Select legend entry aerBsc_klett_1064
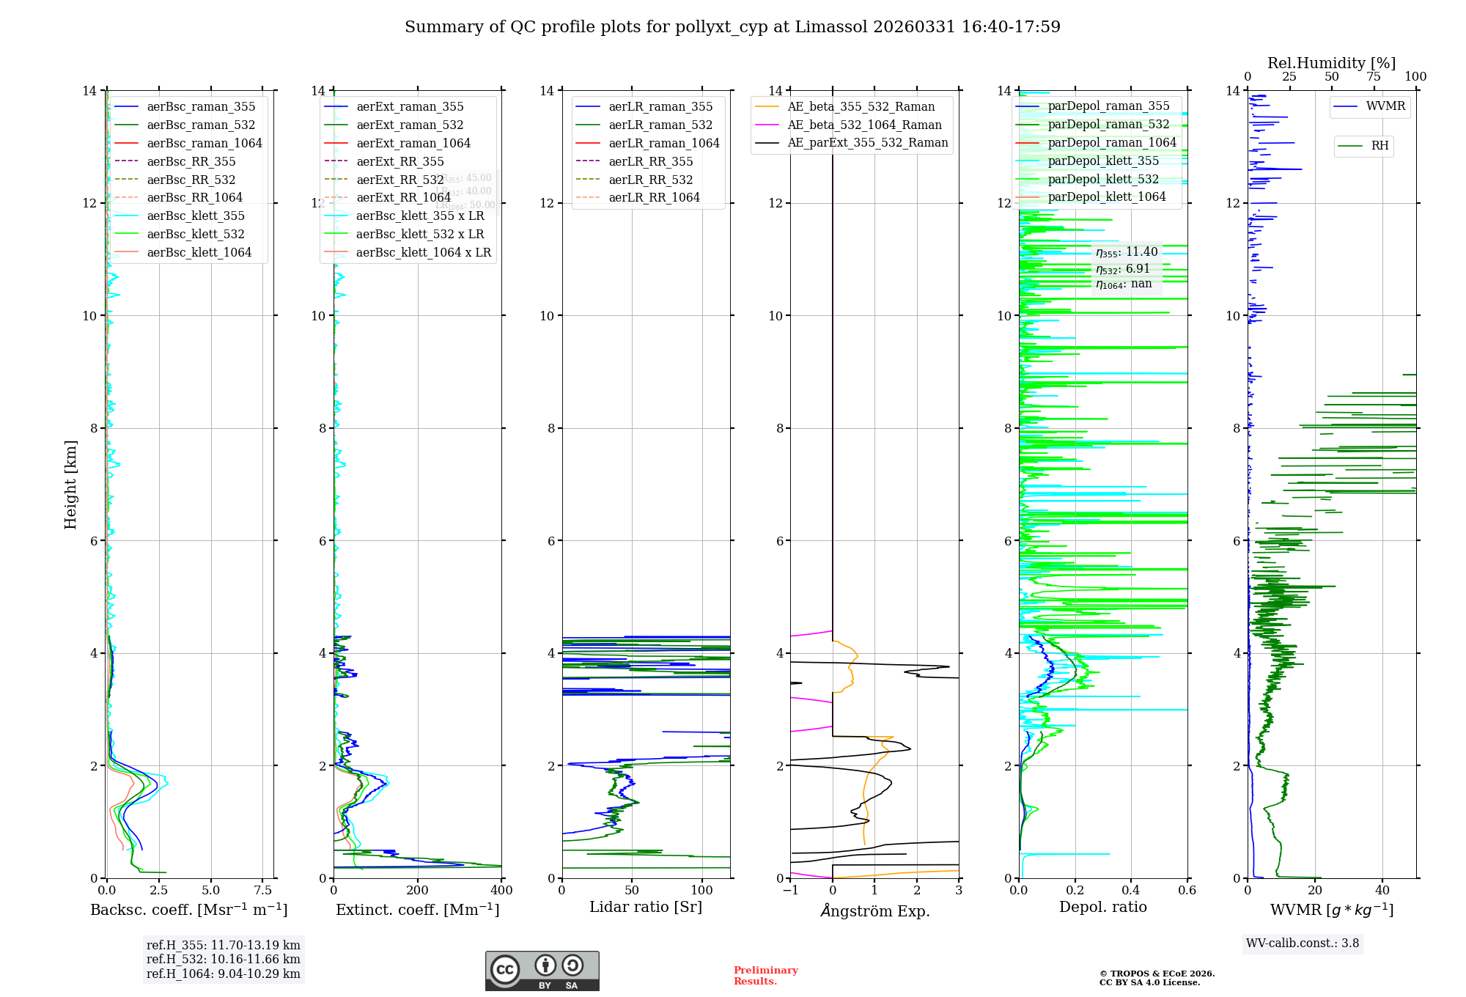(x=199, y=252)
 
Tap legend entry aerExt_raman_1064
(x=413, y=143)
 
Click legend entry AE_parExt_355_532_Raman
(x=867, y=142)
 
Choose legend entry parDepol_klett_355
(x=1102, y=161)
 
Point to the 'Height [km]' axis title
(x=70, y=484)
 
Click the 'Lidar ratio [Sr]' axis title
(x=645, y=907)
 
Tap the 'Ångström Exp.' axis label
(x=874, y=910)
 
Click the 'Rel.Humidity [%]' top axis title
(x=1331, y=63)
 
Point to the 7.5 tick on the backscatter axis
(x=262, y=890)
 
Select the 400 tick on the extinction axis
(x=501, y=890)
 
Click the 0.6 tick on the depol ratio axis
(x=1187, y=890)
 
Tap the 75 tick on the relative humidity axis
(x=1373, y=77)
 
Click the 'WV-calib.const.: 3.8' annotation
(x=1302, y=943)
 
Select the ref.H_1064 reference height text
(x=223, y=974)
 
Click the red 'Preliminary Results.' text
(x=765, y=975)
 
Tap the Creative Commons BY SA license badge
(x=542, y=971)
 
